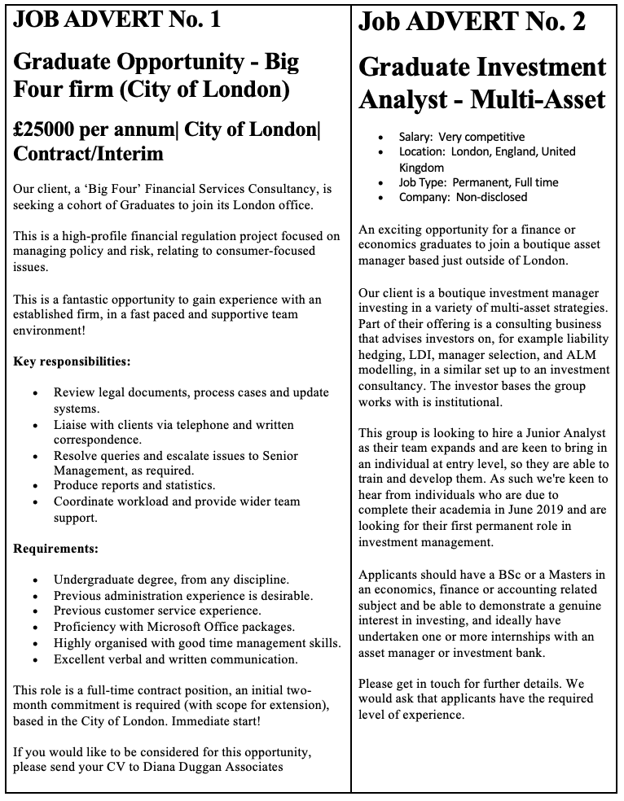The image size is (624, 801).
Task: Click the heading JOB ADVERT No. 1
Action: click(x=116, y=21)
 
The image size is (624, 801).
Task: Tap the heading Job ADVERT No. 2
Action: click(x=472, y=22)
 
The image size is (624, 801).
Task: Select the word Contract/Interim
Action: click(x=89, y=154)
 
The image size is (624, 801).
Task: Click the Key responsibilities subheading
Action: click(x=72, y=361)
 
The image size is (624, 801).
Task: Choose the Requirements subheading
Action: click(x=55, y=548)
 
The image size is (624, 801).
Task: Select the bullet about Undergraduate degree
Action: click(x=171, y=580)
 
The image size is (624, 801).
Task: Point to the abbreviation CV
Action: click(x=109, y=767)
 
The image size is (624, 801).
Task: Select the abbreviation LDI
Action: click(x=418, y=355)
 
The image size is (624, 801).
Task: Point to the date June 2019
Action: click(x=541, y=510)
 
